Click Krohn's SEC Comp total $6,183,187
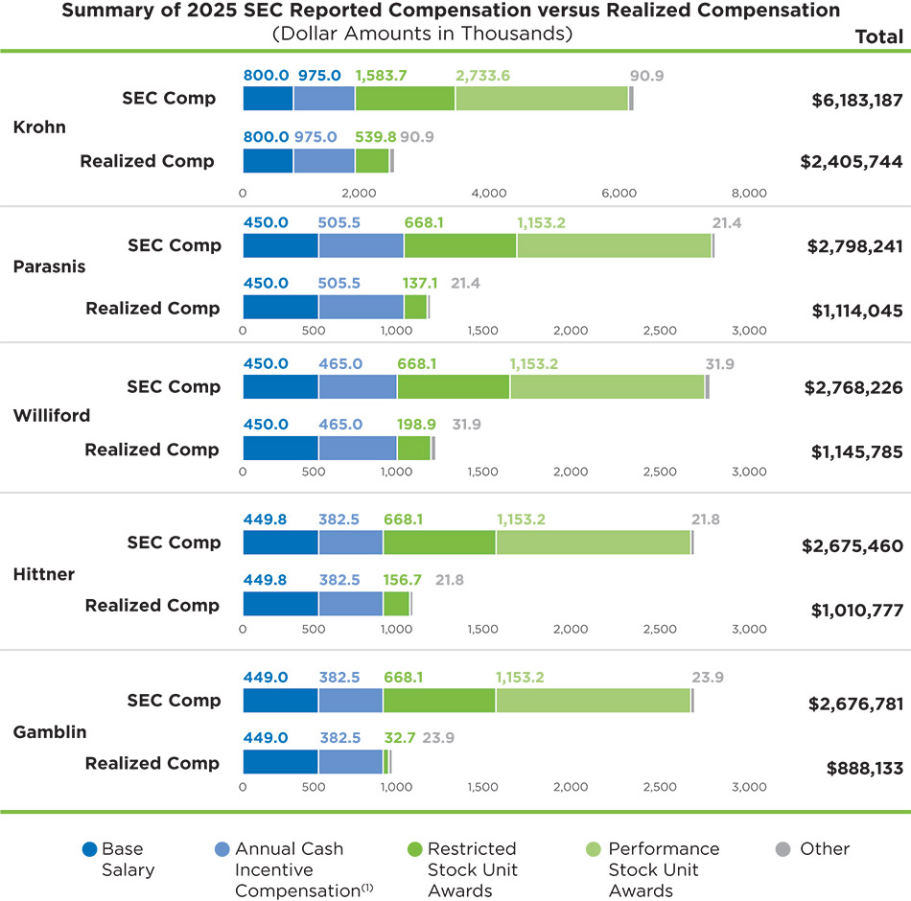[x=852, y=100]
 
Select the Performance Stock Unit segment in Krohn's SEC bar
[x=542, y=99]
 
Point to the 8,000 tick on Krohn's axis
[x=749, y=193]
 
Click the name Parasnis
[x=49, y=266]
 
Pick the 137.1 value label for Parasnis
[x=420, y=284]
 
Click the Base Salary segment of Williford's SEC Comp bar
[x=280, y=386]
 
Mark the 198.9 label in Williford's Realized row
[x=416, y=425]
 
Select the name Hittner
[x=44, y=574]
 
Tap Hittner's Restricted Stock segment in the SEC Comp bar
[x=439, y=543]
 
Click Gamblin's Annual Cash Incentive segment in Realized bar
[x=350, y=761]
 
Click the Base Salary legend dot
[x=90, y=849]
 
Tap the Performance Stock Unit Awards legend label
[x=664, y=869]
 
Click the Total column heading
[x=878, y=36]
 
